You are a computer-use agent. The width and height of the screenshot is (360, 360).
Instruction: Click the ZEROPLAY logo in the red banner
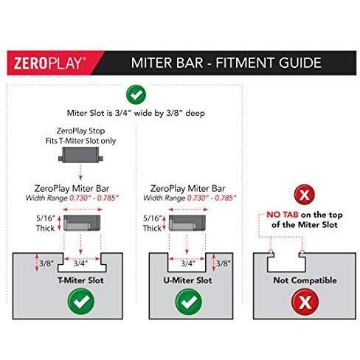(49, 63)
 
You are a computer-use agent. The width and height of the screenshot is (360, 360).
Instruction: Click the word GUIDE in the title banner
(300, 63)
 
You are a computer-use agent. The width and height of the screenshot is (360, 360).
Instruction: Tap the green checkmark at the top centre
(136, 94)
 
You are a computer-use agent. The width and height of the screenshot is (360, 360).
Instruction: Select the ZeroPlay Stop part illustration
(80, 155)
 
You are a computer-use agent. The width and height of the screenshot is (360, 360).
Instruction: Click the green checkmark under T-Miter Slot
(81, 302)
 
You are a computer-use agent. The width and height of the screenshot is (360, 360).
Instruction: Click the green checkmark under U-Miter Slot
(189, 302)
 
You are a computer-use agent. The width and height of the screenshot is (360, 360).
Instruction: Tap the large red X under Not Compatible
(305, 302)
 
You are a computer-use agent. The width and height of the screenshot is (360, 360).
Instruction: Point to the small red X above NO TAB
(305, 195)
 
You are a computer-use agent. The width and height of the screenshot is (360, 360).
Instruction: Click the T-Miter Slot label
(80, 280)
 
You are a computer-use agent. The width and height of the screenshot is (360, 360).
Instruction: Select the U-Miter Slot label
(187, 280)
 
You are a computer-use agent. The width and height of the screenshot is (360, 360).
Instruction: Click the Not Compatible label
(305, 280)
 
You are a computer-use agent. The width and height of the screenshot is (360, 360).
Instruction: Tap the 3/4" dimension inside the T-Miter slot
(80, 264)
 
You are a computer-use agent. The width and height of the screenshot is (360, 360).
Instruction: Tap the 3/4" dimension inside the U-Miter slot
(188, 264)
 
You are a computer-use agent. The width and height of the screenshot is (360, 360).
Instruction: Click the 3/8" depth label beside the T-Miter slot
(46, 263)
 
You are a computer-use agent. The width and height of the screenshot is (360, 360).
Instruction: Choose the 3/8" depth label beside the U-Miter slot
(224, 263)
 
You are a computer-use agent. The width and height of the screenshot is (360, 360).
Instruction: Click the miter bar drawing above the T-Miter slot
(82, 223)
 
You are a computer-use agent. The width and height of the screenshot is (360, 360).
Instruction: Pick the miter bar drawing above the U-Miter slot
(187, 223)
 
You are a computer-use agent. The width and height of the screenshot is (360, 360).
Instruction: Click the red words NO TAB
(283, 215)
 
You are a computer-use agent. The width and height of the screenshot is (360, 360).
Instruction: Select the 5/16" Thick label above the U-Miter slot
(152, 224)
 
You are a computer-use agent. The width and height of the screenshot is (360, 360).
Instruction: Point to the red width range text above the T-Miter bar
(94, 198)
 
